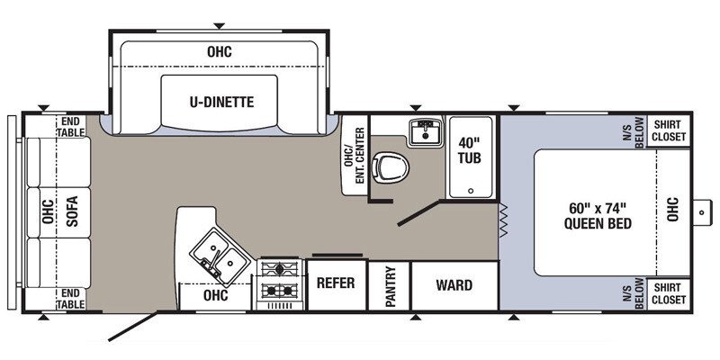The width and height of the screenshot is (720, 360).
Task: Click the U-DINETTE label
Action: (221, 102)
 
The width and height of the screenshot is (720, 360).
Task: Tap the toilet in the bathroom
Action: (391, 167)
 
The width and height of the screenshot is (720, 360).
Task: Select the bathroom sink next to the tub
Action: (426, 131)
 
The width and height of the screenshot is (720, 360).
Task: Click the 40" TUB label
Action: (470, 149)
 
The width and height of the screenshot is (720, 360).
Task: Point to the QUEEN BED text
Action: (598, 223)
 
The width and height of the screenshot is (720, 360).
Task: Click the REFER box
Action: (337, 285)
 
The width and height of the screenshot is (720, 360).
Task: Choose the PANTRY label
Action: (391, 286)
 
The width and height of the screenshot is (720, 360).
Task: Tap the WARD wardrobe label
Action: (454, 285)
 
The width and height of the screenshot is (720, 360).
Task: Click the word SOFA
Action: (72, 211)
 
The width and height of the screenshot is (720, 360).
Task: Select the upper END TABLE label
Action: (71, 127)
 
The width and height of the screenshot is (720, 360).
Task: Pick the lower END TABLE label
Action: (71, 299)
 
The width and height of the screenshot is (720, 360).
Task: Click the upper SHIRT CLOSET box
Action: (669, 130)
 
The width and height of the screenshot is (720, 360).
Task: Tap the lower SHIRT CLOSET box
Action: (669, 294)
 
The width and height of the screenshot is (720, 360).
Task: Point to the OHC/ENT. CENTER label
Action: (354, 155)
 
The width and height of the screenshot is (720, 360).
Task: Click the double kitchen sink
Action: (220, 256)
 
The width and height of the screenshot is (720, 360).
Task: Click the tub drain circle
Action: (470, 191)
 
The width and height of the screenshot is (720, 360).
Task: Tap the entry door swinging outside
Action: (133, 327)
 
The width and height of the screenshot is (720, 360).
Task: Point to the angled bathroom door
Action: (418, 213)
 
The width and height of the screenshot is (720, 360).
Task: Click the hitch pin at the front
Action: (701, 212)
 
